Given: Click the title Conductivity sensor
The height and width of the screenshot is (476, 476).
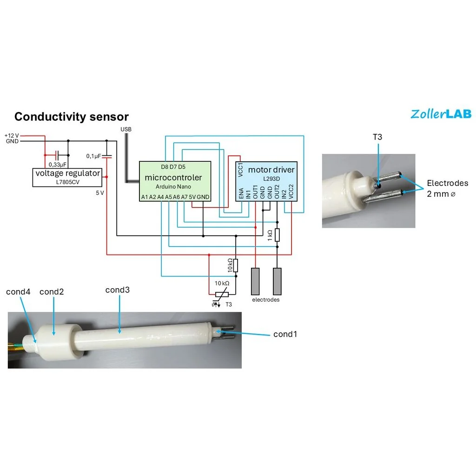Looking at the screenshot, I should (x=72, y=117).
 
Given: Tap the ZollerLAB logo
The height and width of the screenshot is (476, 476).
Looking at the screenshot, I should (x=441, y=113).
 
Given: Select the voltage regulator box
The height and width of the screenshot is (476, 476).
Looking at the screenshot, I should (x=68, y=177).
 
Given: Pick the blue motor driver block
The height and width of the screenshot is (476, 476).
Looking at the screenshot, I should (x=266, y=181).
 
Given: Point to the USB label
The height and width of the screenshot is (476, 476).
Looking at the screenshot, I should (x=126, y=129).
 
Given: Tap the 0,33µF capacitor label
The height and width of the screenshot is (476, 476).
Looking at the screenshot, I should (x=58, y=164).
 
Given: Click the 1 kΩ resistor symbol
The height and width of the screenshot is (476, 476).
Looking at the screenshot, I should (x=278, y=235).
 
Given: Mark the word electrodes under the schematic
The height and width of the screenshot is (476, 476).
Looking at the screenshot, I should (x=266, y=300).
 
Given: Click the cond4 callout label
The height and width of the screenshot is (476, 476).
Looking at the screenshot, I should (x=18, y=292).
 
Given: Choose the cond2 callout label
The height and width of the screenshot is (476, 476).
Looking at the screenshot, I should (x=52, y=292).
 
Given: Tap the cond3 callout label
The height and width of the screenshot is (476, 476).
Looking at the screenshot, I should (x=117, y=290).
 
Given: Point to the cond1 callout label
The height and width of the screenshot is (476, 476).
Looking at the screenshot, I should (x=285, y=334).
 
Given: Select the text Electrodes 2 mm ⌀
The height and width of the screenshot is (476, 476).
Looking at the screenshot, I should (x=447, y=188).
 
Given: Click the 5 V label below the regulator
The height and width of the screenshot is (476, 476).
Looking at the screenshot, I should (x=99, y=193).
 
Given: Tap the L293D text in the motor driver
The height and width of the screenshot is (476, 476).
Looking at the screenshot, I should (x=271, y=178).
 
